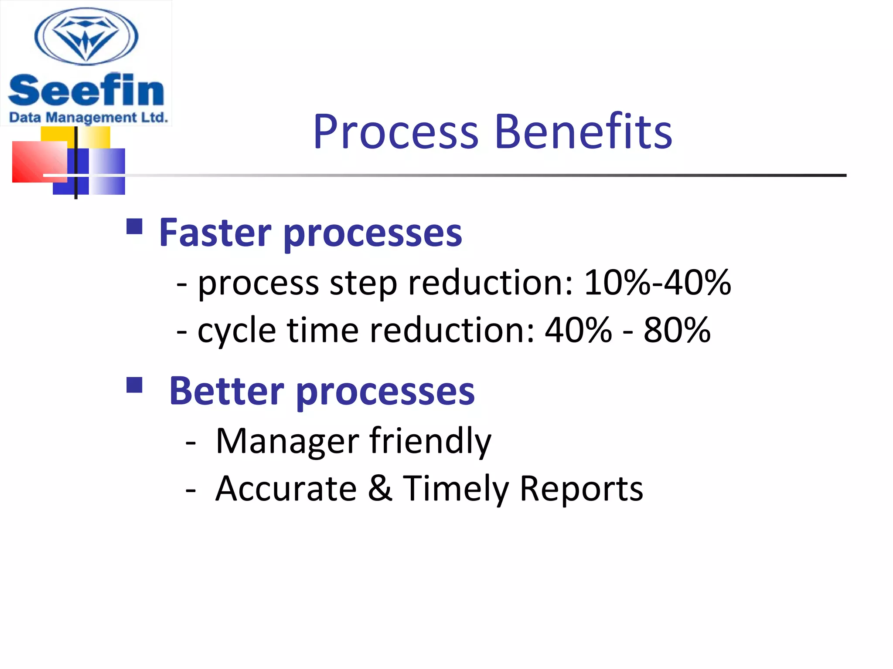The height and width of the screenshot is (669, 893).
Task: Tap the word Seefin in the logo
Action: click(x=86, y=91)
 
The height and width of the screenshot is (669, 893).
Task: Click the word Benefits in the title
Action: click(x=583, y=132)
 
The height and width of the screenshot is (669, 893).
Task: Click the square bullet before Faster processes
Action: click(x=134, y=227)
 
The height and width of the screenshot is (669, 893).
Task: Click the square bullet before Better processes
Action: click(x=134, y=385)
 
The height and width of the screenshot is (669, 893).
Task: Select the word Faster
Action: click(x=215, y=233)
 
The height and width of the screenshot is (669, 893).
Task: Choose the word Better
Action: click(x=226, y=391)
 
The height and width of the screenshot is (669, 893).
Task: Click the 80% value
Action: click(x=677, y=330)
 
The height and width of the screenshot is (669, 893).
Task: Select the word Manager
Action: click(x=287, y=441)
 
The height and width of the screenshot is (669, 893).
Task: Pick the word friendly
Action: click(x=430, y=441)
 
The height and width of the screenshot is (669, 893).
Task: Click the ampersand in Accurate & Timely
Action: click(x=380, y=488)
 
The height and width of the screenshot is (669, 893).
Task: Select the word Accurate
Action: click(x=286, y=488)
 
